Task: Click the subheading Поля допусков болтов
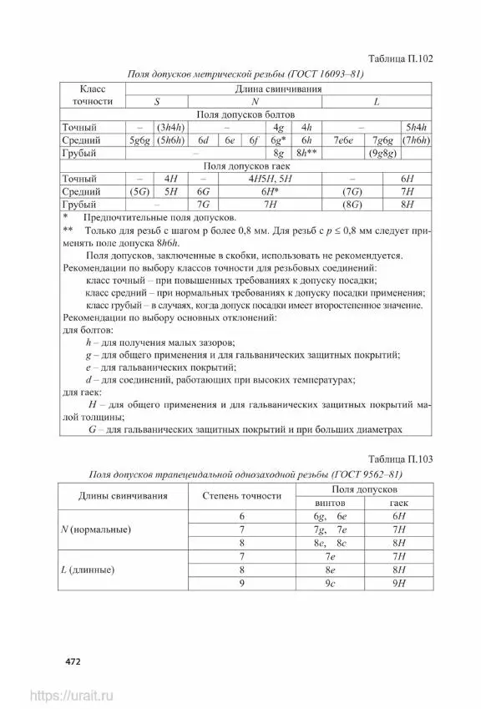coord(247,114)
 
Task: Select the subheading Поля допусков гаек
coord(247,166)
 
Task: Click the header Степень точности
coord(241,496)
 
